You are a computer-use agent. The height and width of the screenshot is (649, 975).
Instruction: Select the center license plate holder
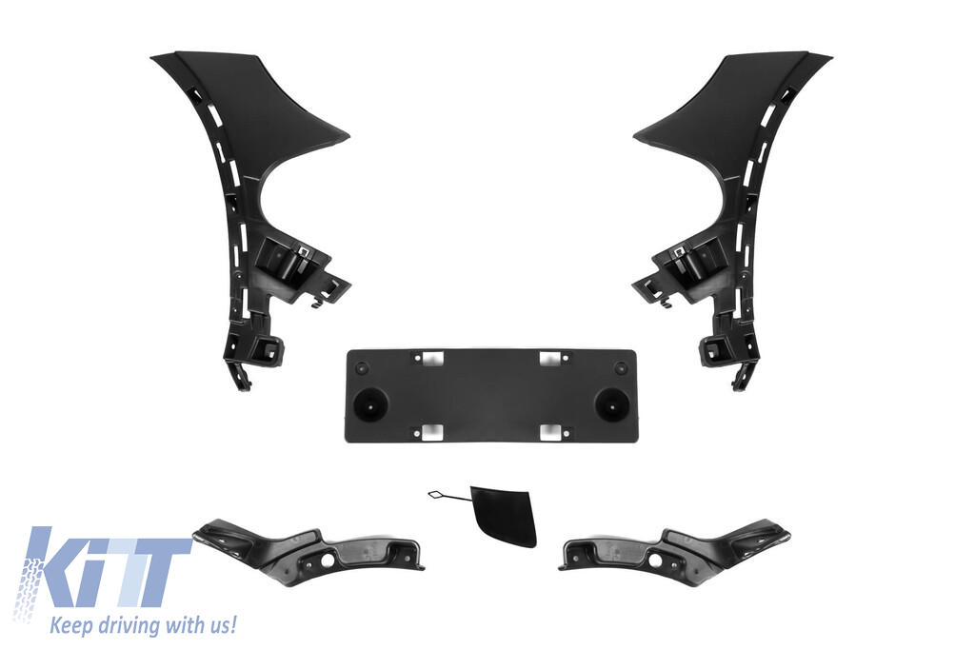(x=490, y=396)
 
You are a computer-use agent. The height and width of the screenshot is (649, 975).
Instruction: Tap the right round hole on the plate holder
(x=611, y=405)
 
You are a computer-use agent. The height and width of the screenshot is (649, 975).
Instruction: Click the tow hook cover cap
(x=505, y=516)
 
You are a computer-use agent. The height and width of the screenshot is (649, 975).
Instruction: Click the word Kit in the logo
(x=106, y=567)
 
